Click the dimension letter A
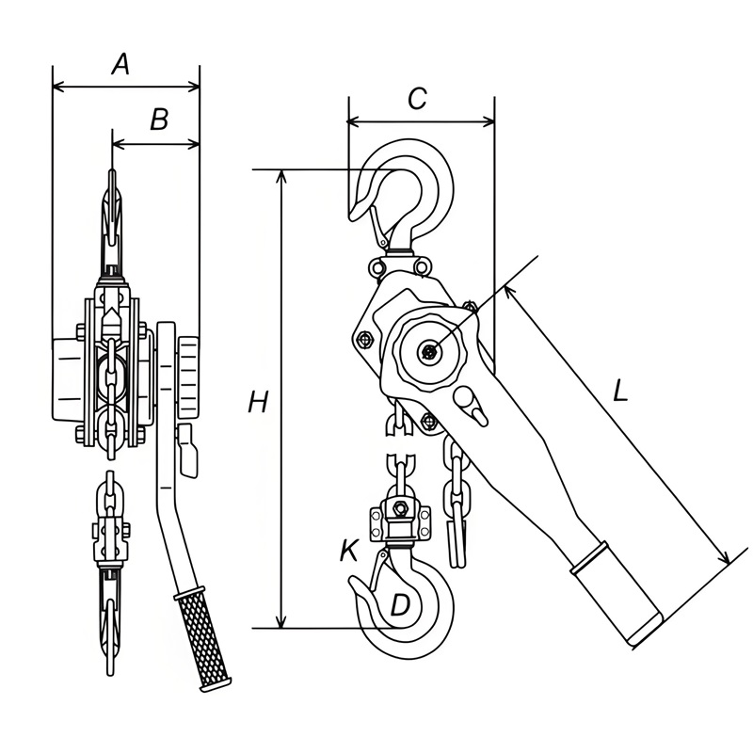point(121,65)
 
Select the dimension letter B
point(159,120)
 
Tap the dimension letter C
point(417,99)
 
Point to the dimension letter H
point(258,402)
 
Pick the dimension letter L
point(620,391)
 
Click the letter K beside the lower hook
point(349,551)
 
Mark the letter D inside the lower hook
point(400,605)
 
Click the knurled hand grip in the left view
point(203,639)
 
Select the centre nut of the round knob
point(428,352)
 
